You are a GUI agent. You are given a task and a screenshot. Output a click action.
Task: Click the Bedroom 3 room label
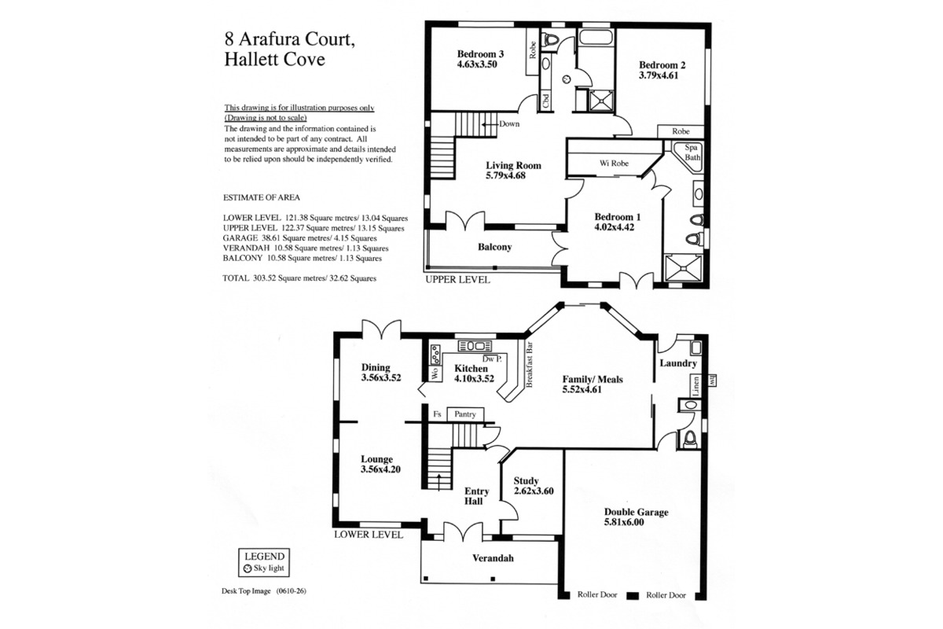480,54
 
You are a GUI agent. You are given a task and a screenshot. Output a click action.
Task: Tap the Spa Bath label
692,153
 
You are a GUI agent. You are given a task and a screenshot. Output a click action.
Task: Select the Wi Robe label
614,164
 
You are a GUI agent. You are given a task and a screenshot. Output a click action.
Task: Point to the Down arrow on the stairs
490,124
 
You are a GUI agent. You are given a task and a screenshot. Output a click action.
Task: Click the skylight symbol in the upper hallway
567,79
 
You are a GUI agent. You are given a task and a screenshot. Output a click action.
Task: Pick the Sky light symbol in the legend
248,568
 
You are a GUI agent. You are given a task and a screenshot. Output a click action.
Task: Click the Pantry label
464,414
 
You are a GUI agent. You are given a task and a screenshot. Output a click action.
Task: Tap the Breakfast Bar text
530,364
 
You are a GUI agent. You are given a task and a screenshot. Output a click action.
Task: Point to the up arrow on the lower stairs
439,481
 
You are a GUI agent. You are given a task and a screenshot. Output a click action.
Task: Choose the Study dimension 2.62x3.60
534,491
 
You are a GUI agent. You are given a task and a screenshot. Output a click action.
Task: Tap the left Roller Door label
597,594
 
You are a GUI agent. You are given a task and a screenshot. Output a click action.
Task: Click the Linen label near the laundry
696,386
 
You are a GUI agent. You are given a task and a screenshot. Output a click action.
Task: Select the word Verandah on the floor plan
493,558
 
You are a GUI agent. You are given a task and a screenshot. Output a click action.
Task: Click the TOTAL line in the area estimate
299,278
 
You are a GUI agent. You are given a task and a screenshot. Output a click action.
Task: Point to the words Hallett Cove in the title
274,59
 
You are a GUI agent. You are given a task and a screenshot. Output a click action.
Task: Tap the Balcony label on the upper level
494,247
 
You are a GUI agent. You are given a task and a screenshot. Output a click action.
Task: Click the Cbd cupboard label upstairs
546,101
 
